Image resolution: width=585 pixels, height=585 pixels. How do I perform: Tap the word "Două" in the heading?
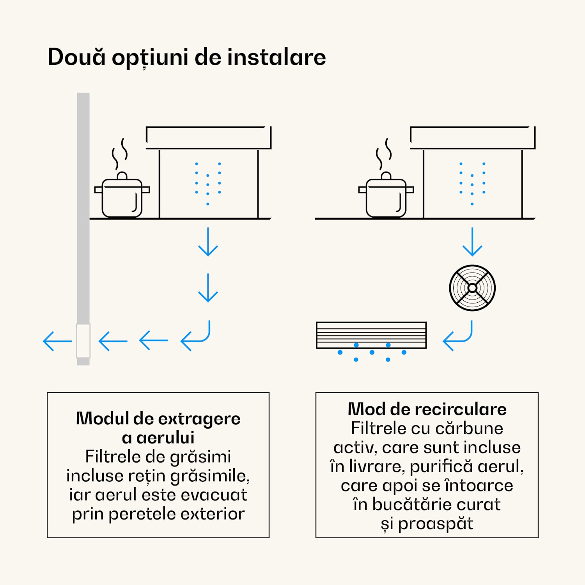point(76,57)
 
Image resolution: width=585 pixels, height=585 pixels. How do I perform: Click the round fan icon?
point(472,288)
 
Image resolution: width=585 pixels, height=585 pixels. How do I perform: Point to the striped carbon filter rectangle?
point(371,335)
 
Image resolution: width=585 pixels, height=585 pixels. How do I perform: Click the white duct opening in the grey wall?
point(83,340)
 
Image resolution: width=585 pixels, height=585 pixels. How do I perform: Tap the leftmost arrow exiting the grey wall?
point(57,341)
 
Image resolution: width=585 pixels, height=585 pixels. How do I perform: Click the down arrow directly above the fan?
point(472,242)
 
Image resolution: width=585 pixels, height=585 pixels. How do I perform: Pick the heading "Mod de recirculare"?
point(427,409)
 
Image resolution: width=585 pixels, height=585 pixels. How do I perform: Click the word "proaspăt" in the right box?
point(435,524)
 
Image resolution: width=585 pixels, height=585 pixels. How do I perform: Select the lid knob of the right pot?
point(386,175)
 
